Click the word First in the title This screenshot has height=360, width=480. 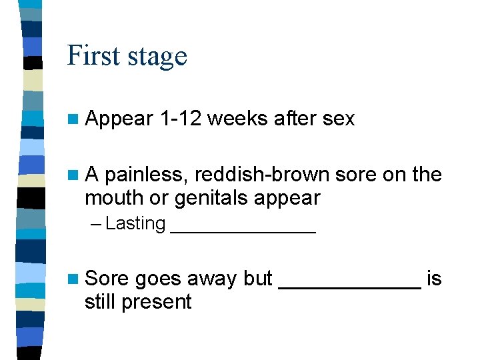(x=93, y=55)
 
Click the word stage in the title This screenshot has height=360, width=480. (x=157, y=57)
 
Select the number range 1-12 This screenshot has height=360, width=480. (x=181, y=119)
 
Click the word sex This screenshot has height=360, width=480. (x=338, y=119)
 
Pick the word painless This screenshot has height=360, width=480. (x=147, y=175)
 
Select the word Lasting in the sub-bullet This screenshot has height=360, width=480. (x=135, y=224)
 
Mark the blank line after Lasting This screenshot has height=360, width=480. (x=243, y=231)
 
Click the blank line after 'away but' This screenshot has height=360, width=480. (x=349, y=286)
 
